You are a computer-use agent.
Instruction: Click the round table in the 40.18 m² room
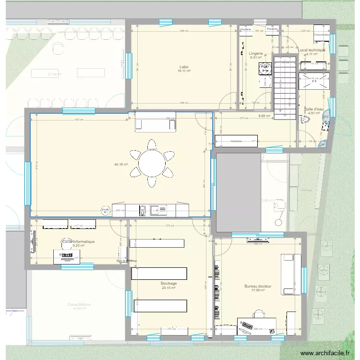(x=152, y=163)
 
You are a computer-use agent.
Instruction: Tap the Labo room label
(x=183, y=67)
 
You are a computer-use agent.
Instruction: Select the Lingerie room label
(x=256, y=53)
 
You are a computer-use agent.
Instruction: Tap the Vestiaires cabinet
(x=236, y=141)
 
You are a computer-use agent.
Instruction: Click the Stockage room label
(x=168, y=283)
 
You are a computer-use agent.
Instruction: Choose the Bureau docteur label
(x=258, y=286)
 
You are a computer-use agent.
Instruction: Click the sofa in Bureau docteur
(x=288, y=274)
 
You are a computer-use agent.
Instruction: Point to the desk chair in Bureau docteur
(x=259, y=313)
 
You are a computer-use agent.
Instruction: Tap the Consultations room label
(x=79, y=304)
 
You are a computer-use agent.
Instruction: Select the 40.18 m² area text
(x=121, y=165)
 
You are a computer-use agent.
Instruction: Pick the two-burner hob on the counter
(x=143, y=210)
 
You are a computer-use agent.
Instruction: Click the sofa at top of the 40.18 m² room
(x=155, y=124)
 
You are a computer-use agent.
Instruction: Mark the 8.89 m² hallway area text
(x=264, y=116)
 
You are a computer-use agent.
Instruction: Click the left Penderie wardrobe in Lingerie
(x=246, y=30)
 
